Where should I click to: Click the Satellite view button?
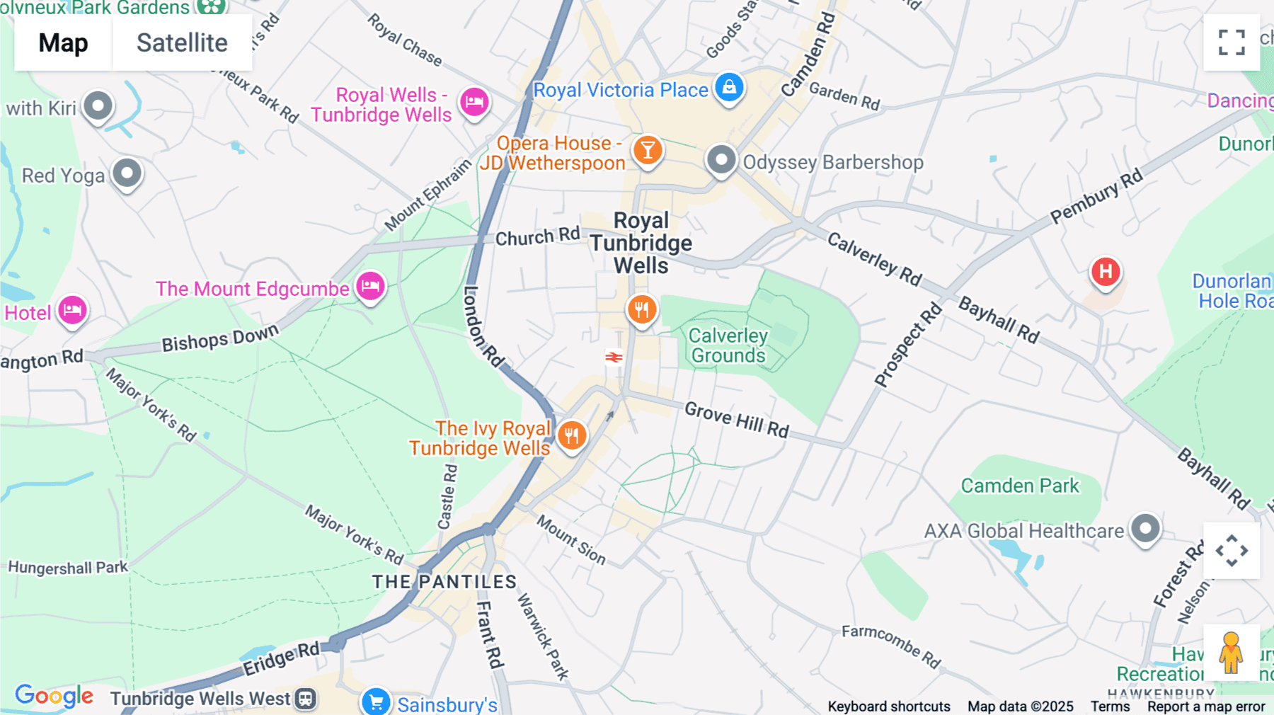182,42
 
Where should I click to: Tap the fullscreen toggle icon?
1232,42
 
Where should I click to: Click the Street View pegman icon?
1231,653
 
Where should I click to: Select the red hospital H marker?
1105,272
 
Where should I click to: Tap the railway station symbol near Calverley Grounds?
614,357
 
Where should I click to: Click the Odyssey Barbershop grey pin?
721,161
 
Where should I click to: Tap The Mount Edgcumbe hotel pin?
370,287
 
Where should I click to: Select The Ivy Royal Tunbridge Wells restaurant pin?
572,435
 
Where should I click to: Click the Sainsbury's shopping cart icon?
376,702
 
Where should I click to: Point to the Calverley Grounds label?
728,345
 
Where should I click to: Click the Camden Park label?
1019,486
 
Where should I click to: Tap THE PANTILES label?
444,582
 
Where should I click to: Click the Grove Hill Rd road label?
736,419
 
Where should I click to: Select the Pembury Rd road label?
1096,196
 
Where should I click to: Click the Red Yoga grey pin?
127,173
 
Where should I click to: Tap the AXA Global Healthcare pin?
1145,529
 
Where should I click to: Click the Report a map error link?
1206,707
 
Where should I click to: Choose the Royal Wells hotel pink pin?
474,103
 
